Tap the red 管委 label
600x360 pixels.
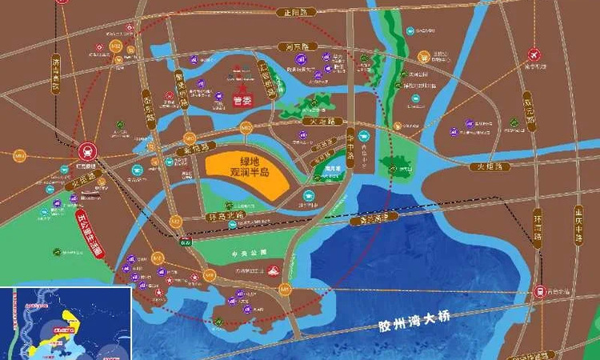click(x=239, y=101)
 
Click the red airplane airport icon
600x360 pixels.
click(x=534, y=55)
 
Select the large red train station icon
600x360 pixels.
click(x=86, y=150)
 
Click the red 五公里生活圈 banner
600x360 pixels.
click(x=89, y=232)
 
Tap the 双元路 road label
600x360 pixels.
click(x=527, y=111)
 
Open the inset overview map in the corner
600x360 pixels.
click(x=66, y=322)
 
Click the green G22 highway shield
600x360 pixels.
click(x=186, y=241)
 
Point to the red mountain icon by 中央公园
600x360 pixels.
click(x=273, y=271)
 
